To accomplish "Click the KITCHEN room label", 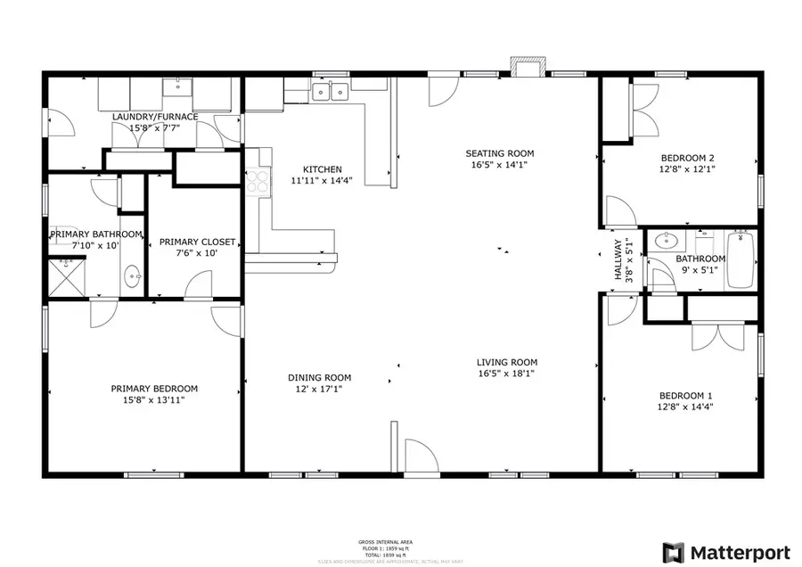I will [x=322, y=169].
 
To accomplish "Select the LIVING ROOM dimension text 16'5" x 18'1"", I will [x=506, y=374].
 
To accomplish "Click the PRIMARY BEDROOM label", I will [x=154, y=389].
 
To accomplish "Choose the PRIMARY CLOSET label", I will [x=196, y=242].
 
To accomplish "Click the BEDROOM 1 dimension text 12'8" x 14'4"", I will [x=686, y=407].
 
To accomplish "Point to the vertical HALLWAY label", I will [x=617, y=259].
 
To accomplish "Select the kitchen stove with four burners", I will [x=258, y=181].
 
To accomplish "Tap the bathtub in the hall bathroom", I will [x=741, y=260].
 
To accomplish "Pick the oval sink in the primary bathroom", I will [x=134, y=276].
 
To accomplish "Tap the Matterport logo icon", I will [x=671, y=552].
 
